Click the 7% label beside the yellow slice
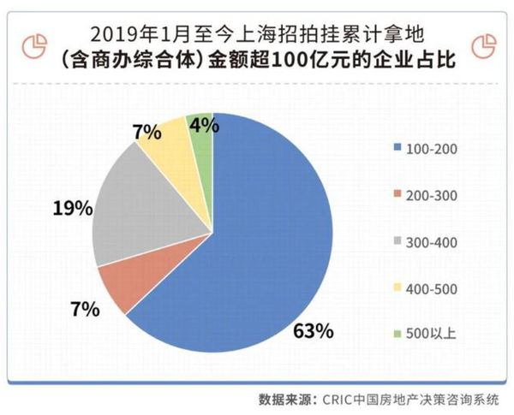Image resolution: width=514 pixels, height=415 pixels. coord(146,133)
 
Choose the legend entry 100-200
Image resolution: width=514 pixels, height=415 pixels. coord(426,150)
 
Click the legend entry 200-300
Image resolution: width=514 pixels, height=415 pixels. coord(426,196)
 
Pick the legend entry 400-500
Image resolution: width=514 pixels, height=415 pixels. coord(426,288)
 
